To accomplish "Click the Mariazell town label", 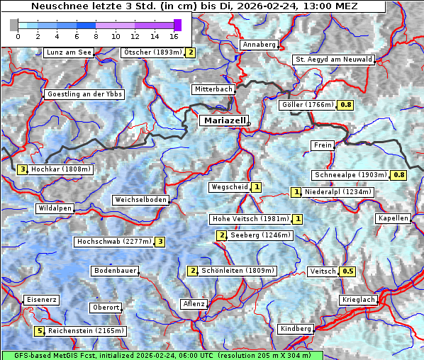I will [x=223, y=121].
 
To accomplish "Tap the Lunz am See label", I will [x=69, y=52].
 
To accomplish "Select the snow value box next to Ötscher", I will [x=190, y=52].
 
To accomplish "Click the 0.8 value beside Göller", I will [x=345, y=105].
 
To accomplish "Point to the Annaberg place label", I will [x=259, y=45].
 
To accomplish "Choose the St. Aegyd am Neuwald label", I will [x=333, y=60].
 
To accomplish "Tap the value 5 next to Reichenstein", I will [x=40, y=331].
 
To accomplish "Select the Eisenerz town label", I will [x=41, y=300].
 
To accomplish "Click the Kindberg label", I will [x=296, y=329].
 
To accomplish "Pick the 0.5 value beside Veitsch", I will [x=347, y=271].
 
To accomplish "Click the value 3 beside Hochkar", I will [x=23, y=169].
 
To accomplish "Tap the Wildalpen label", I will [x=55, y=208].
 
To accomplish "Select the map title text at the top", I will [x=194, y=6].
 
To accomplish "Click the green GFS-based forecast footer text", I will [x=162, y=355].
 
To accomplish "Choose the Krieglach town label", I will [x=357, y=300].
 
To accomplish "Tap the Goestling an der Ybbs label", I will [x=84, y=94].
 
